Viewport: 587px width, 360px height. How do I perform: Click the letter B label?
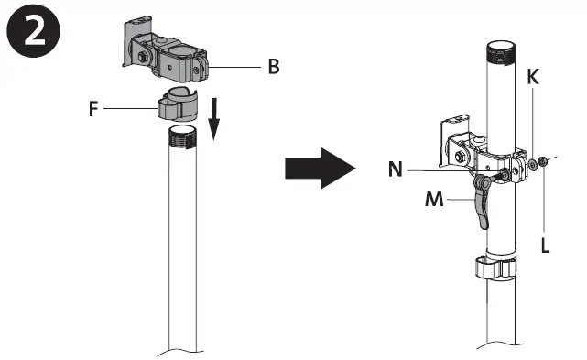274,68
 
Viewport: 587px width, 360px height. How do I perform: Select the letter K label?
532,79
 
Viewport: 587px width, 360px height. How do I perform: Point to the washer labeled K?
532,164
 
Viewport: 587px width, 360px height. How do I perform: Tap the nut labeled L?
544,163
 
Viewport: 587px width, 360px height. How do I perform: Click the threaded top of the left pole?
183,138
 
